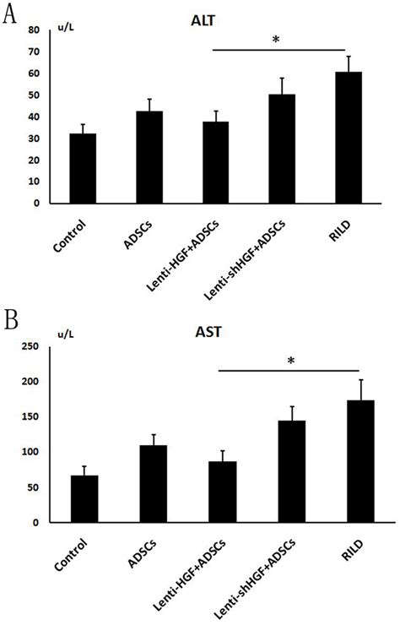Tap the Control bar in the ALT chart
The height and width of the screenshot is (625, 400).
pos(83,168)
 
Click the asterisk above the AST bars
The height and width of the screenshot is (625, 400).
pos(290,362)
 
